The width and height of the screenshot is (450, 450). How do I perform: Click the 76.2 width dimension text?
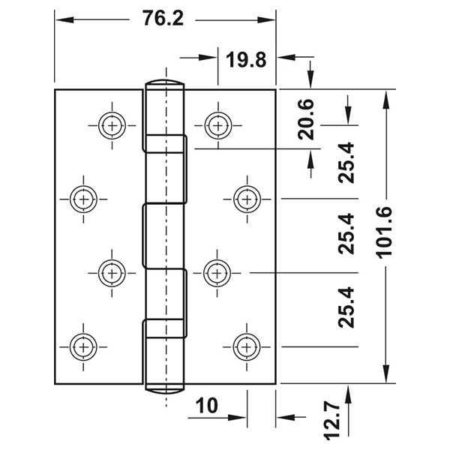pyautogui.click(x=163, y=19)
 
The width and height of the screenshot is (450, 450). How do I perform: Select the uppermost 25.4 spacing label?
pyautogui.click(x=346, y=163)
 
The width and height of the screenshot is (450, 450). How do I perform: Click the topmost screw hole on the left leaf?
pyautogui.click(x=112, y=125)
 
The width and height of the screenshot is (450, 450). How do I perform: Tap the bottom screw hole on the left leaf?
pyautogui.click(x=82, y=345)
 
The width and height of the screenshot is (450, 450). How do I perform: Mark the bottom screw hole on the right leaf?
pyautogui.click(x=246, y=345)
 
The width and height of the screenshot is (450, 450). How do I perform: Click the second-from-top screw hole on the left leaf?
pyautogui.click(x=82, y=199)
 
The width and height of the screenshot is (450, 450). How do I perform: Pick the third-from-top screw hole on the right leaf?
pyautogui.click(x=217, y=272)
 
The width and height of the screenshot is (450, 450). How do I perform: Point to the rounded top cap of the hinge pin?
pyautogui.click(x=164, y=83)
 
